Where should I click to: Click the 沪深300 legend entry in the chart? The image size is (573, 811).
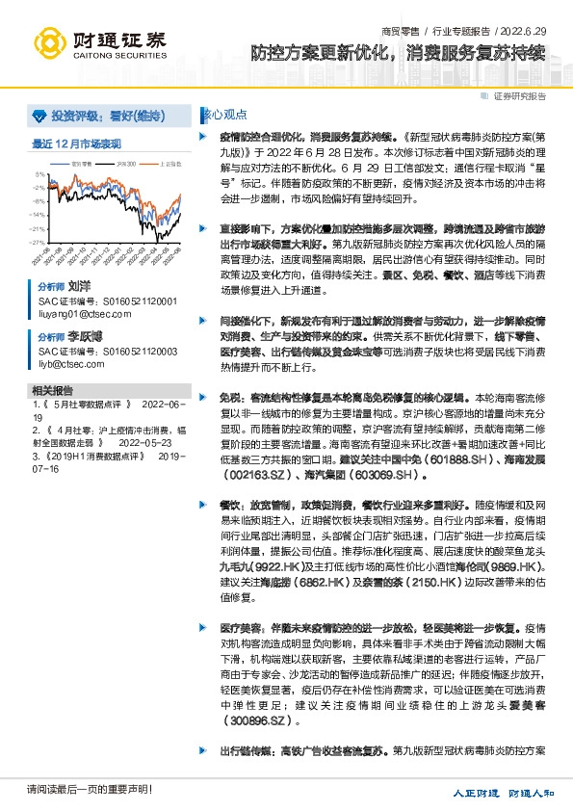pyautogui.click(x=124, y=165)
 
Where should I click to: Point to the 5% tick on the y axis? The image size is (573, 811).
pyautogui.click(x=39, y=174)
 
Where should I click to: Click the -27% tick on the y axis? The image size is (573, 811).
pyautogui.click(x=37, y=243)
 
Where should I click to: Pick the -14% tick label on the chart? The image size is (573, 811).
pyautogui.click(x=37, y=215)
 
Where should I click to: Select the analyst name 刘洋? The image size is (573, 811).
pyautogui.click(x=80, y=287)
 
